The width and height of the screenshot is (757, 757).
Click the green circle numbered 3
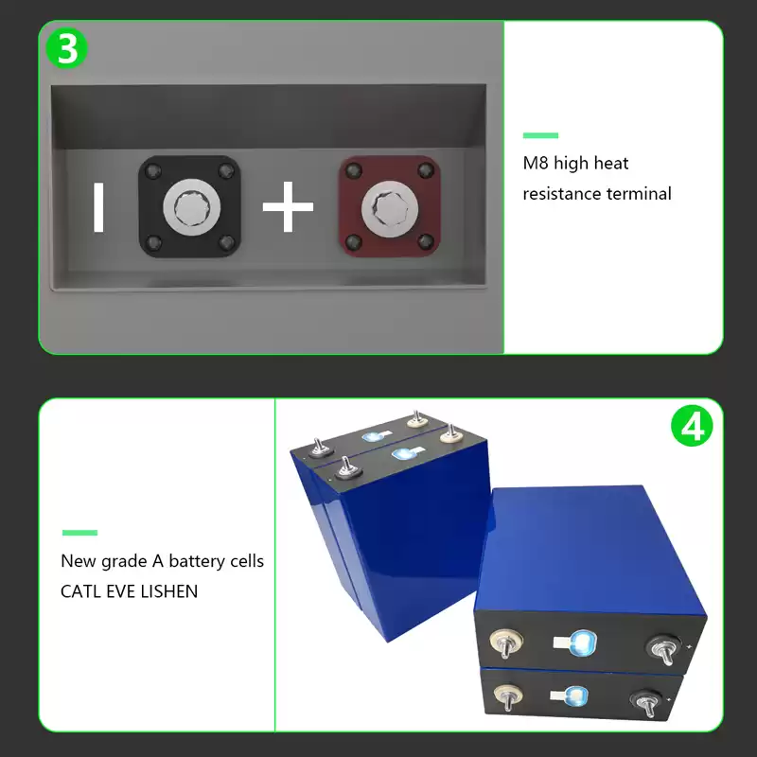click(x=66, y=49)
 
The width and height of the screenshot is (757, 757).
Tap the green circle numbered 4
click(x=692, y=425)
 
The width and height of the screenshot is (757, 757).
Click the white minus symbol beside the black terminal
click(x=98, y=207)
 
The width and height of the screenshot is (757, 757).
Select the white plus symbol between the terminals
click(x=288, y=207)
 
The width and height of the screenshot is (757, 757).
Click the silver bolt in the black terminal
click(x=192, y=207)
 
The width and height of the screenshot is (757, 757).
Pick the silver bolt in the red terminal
click(x=390, y=209)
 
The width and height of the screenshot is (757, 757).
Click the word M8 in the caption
click(x=536, y=163)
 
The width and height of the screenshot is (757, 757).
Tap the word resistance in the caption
click(x=562, y=194)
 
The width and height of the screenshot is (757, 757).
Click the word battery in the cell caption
click(x=197, y=561)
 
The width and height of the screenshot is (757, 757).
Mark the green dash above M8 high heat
click(x=540, y=135)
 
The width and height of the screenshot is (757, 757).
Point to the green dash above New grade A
click(x=79, y=533)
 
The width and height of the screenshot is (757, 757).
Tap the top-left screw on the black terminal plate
click(x=153, y=171)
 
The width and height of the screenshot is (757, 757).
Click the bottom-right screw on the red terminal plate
click(x=425, y=241)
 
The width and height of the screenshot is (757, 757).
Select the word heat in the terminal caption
click(x=611, y=163)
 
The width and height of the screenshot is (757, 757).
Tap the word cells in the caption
click(x=247, y=561)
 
